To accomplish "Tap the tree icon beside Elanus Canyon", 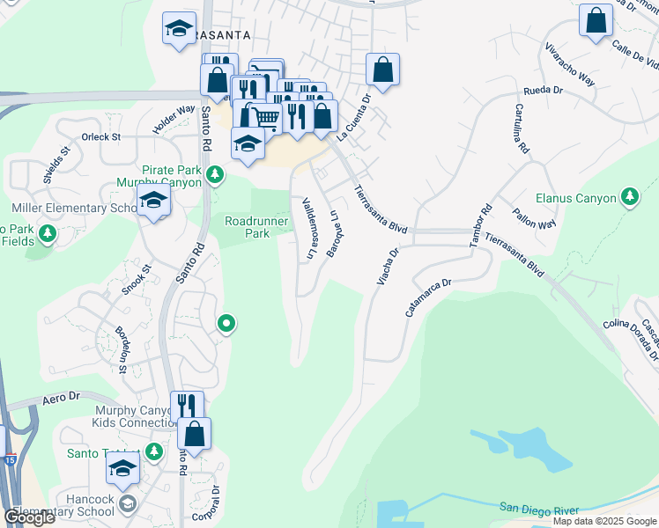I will click(x=629, y=197).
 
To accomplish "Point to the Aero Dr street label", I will click(x=60, y=399).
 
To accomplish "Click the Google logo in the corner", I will click(x=29, y=517).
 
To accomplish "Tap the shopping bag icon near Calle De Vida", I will click(x=596, y=20).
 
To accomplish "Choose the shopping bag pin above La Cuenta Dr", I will click(x=383, y=70).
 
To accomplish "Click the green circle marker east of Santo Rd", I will click(x=226, y=325).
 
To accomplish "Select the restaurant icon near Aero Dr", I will click(x=187, y=406).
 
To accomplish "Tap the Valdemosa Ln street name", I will click(x=308, y=227).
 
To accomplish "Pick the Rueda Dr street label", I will click(x=543, y=90).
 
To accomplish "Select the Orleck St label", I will click(x=101, y=137).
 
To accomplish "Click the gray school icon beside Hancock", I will click(x=128, y=503).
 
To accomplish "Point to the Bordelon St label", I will click(x=122, y=350).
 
